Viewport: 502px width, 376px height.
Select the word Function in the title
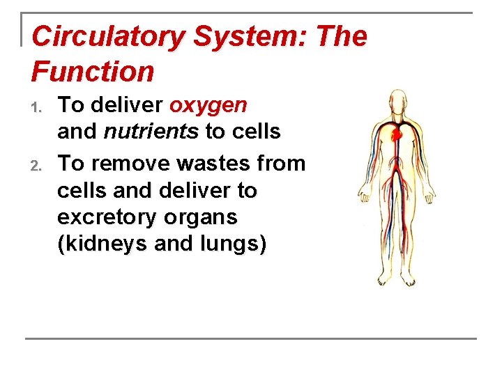(93, 71)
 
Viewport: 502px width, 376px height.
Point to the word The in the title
(340, 37)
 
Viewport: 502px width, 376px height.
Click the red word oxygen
(208, 106)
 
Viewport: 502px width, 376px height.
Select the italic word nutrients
(151, 131)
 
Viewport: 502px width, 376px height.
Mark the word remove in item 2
(128, 164)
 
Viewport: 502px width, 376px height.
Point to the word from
(282, 164)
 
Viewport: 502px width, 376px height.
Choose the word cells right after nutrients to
(255, 131)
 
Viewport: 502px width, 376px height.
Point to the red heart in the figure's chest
(397, 132)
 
